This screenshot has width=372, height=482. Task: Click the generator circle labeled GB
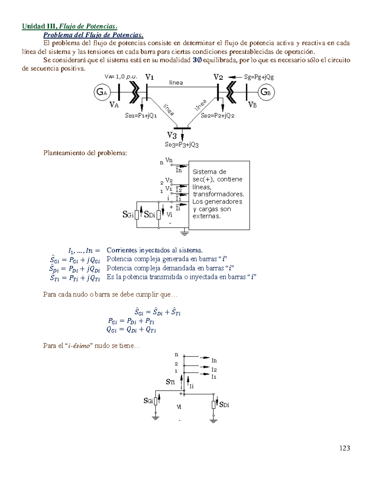[x=266, y=92]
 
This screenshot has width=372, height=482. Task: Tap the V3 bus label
[x=172, y=135]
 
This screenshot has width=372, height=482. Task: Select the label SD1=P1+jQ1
[x=141, y=115]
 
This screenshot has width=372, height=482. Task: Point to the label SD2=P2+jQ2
[x=218, y=115]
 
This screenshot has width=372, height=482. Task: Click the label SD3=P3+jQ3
[x=182, y=145]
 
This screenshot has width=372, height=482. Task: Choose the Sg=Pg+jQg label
[x=259, y=77]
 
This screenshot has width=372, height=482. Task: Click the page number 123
[x=345, y=448]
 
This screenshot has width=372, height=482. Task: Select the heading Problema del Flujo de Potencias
[x=93, y=35]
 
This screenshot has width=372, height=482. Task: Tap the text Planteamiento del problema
[x=85, y=153]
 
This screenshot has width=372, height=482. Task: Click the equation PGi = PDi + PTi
[x=131, y=321]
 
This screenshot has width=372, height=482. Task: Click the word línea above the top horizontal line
[x=176, y=83]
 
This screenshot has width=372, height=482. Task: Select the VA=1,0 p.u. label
[x=121, y=77]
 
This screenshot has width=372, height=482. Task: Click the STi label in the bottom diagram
[x=170, y=382]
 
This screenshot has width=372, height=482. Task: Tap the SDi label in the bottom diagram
[x=224, y=404]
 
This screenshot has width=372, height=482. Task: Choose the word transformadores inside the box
[x=218, y=194]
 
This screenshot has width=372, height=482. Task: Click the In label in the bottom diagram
[x=214, y=360]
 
